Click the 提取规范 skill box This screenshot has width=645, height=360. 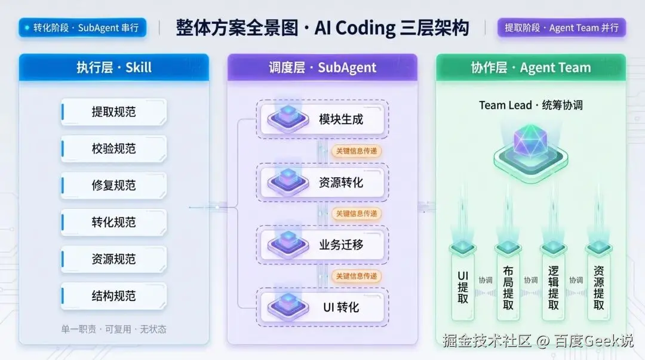coord(114,112)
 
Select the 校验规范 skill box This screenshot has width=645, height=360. coord(114,149)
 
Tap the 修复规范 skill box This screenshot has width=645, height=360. coord(114,185)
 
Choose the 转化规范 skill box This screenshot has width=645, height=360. coord(114,222)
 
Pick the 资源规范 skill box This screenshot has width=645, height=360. coord(114,259)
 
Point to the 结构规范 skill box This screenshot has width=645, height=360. coord(114,296)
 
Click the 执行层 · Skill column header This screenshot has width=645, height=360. coord(114,67)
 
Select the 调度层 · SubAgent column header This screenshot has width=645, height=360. coord(322,67)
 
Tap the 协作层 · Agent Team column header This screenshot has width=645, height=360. coord(531,67)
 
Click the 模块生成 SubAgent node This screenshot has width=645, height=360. coord(322,119)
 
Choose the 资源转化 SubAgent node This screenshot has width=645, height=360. coord(322,182)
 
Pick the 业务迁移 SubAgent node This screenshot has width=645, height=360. coord(322,245)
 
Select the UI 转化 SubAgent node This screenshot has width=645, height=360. coord(322,307)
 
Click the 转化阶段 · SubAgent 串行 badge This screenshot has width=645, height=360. coord(82,27)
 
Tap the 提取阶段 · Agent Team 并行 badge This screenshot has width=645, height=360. coord(561,27)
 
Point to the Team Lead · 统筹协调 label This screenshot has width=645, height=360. coord(531,105)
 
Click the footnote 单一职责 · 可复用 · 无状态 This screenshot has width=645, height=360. coord(114,329)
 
